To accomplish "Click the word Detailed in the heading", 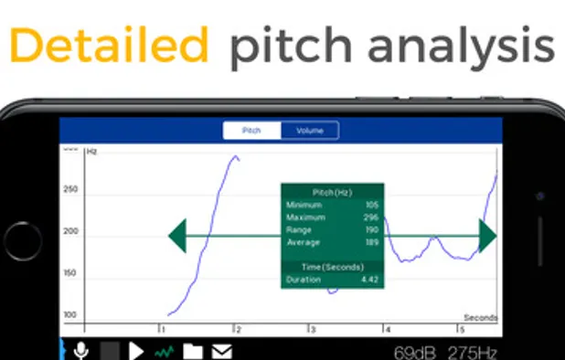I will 107,44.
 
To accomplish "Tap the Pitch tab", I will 251,132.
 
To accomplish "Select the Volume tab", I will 309,132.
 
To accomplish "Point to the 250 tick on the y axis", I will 70,190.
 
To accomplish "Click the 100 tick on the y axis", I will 70,315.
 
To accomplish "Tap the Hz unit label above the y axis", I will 91,151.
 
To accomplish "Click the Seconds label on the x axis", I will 480,318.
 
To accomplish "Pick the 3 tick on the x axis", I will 312,329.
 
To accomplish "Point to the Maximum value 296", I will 370,217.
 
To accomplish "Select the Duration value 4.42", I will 368,279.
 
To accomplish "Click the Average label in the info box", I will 303,242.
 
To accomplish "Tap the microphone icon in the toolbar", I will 82,350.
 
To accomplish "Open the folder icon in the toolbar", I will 193,351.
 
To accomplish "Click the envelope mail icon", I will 221,351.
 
